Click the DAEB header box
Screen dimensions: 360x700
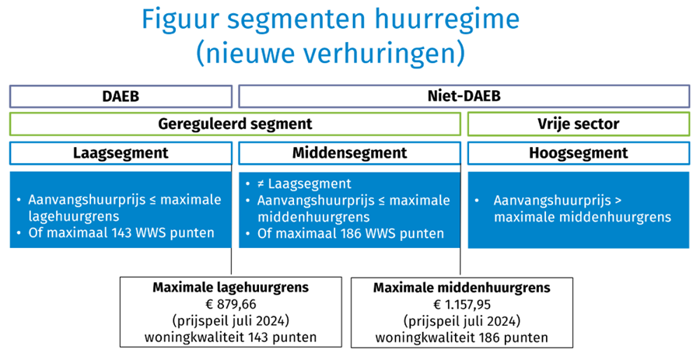tap(121, 96)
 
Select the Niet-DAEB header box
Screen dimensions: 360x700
tap(464, 96)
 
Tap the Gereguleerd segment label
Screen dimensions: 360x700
tap(235, 124)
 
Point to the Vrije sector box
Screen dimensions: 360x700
tap(578, 124)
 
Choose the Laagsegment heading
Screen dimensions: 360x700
tap(121, 152)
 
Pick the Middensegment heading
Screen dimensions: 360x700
tap(349, 152)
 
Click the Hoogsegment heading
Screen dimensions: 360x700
tap(578, 152)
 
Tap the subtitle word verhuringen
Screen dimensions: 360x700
tap(384, 54)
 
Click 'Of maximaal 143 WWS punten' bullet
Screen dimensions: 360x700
tap(121, 232)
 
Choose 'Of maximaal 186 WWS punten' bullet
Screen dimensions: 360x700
tap(349, 232)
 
